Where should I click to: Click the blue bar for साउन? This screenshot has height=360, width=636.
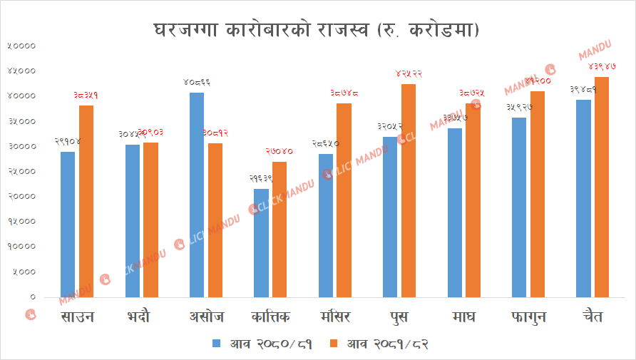click(68, 224)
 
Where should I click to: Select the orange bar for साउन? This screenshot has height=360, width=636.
click(86, 200)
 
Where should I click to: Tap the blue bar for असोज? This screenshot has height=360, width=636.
click(197, 194)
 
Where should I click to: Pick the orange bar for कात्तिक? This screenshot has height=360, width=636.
click(279, 229)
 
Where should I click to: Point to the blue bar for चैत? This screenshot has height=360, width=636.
click(583, 197)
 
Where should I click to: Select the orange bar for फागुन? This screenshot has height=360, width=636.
click(537, 193)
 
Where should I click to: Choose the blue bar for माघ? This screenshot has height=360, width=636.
click(455, 212)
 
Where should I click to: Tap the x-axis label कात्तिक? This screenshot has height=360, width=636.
click(270, 317)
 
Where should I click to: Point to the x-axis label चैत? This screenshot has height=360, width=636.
click(592, 317)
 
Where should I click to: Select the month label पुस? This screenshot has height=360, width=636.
click(399, 317)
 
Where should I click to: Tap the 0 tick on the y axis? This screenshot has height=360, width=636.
click(32, 297)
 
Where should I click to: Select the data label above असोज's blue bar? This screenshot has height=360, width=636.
click(197, 83)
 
